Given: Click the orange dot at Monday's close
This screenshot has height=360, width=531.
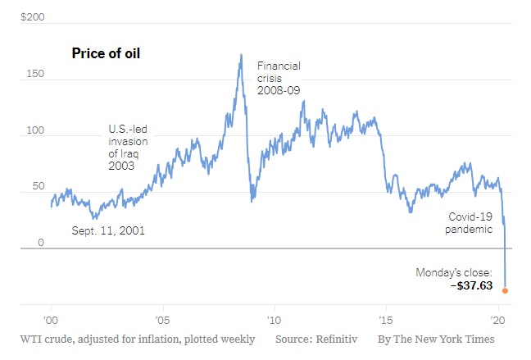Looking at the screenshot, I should (505, 290).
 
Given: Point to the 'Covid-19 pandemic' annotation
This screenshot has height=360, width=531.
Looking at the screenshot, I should (470, 223).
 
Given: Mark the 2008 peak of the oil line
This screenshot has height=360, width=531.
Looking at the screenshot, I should (241, 55).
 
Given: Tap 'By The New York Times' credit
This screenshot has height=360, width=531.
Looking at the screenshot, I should (436, 339).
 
